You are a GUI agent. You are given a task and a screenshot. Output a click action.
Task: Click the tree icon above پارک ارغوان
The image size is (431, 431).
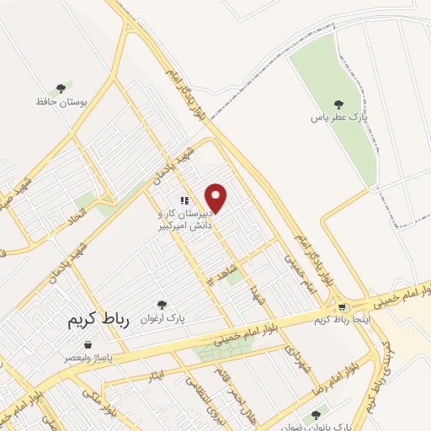coord(162,305)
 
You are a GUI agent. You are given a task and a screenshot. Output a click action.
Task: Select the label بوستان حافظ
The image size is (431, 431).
coord(51,101)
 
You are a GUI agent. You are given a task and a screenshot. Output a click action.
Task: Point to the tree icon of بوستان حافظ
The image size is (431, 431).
coord(60,88)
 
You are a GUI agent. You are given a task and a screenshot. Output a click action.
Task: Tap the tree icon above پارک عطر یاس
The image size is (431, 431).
coord(339,105)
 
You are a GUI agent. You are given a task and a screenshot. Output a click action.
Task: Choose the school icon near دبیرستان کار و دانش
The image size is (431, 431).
coord(183,201)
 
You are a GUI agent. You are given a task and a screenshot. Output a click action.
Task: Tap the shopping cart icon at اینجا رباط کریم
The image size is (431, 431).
coord(341,308)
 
